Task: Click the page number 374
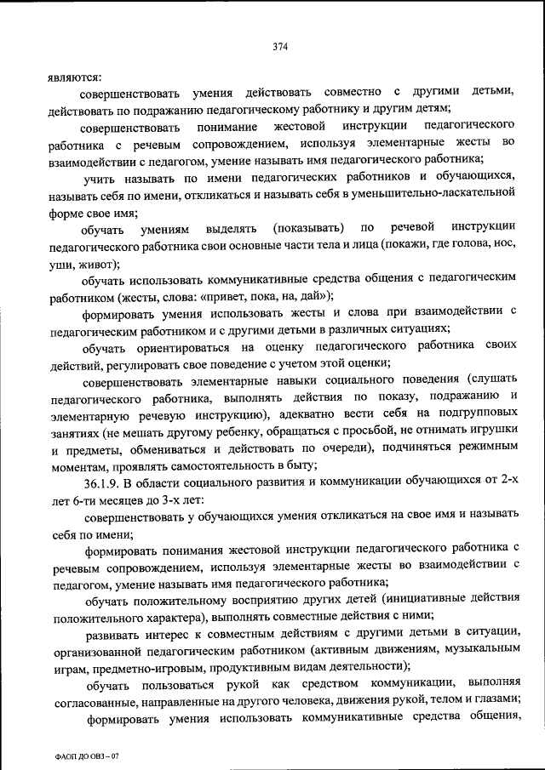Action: click(x=280, y=47)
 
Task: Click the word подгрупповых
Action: click(x=476, y=414)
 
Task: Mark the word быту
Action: click(x=301, y=465)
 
